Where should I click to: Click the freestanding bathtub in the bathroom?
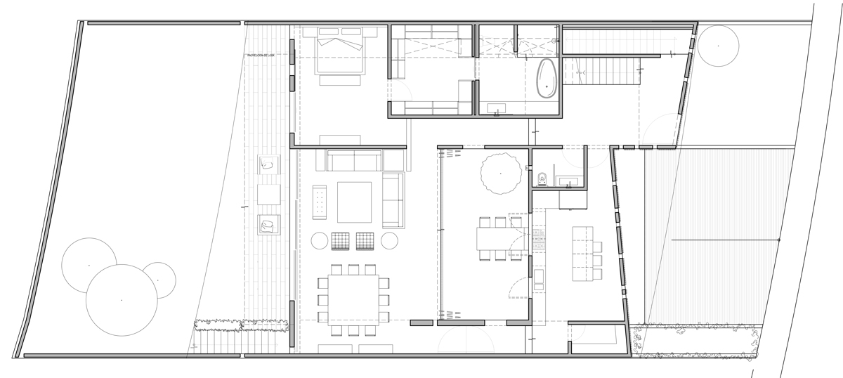pyautogui.click(x=547, y=78)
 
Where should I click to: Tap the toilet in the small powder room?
pyautogui.click(x=542, y=179)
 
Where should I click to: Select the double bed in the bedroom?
pyautogui.click(x=341, y=50)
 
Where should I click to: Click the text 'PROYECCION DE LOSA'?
pyautogui.click(x=264, y=55)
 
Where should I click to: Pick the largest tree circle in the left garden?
pyautogui.click(x=122, y=300)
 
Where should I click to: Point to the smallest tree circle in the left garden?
pyautogui.click(x=158, y=280)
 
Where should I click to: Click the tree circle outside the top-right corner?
pyautogui.click(x=718, y=46)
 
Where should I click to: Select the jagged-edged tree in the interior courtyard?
pyautogui.click(x=500, y=174)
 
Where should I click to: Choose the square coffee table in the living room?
pyautogui.click(x=354, y=202)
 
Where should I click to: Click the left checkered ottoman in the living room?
pyautogui.click(x=341, y=240)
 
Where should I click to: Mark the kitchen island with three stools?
pyautogui.click(x=583, y=253)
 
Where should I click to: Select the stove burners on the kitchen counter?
pyautogui.click(x=540, y=240)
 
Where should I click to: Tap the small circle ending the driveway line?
pyautogui.click(x=778, y=240)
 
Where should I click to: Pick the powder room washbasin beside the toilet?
pyautogui.click(x=568, y=182)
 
